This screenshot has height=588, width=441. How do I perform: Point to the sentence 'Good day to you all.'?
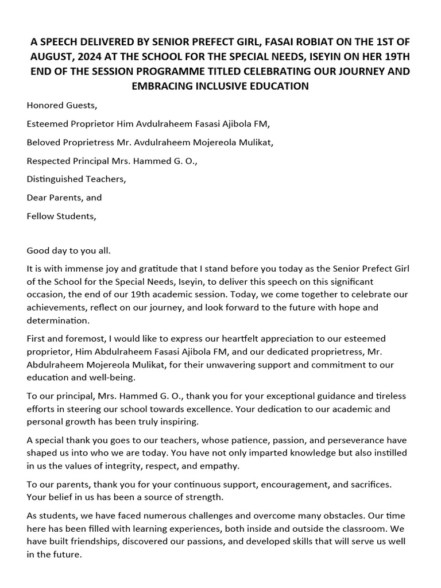pyautogui.click(x=68, y=250)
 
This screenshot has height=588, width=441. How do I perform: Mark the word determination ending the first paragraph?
pyautogui.click(x=59, y=320)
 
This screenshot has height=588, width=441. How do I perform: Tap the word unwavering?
pyautogui.click(x=264, y=365)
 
